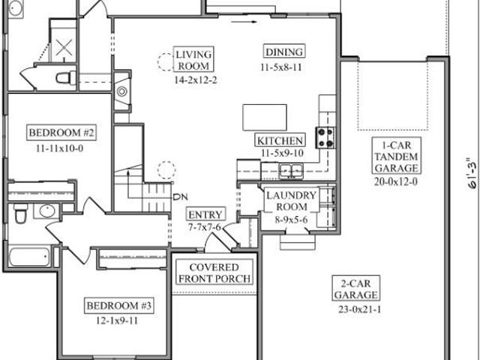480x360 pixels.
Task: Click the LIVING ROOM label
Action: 193,59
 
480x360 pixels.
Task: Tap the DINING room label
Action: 284,52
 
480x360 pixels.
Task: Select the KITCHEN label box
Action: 280,140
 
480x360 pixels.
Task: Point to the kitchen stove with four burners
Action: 325,138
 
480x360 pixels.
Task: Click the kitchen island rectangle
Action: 265,118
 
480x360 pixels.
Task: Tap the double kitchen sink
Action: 291,170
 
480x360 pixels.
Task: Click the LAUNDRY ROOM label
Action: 292,200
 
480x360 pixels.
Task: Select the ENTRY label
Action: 205,214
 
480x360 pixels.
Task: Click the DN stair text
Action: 180,197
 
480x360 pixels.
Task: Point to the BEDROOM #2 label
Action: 61,133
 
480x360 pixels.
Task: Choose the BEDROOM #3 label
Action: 119,305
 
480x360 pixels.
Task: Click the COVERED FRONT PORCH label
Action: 214,273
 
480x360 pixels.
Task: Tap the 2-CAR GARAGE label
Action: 356,289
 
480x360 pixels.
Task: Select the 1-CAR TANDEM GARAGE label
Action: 397,156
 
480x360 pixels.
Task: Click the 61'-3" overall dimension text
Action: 472,173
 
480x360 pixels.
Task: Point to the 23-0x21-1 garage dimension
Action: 360,310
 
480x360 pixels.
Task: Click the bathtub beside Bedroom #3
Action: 29,256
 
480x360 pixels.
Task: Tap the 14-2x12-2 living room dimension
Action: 196,80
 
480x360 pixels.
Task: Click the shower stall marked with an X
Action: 63,41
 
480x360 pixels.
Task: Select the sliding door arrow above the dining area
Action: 244,22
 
